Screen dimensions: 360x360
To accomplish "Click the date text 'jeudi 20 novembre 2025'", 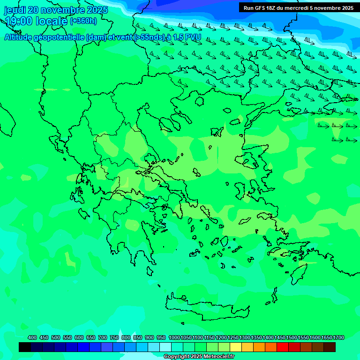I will pos(56,10).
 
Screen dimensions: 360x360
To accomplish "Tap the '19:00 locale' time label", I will pos(36,21).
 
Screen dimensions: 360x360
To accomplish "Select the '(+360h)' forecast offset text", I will pos(83,21).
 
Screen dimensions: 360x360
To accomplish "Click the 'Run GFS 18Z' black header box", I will pos(298,7).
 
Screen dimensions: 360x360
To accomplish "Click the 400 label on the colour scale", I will pos(32,337).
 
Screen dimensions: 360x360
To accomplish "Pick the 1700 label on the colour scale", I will pos(338,337).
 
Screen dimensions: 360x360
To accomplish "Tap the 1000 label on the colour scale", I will pos(174,337).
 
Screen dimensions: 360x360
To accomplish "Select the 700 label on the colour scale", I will pos(103,337).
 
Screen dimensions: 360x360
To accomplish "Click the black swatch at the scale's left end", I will pos(25,347).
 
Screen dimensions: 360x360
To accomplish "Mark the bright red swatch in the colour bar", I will pos(283,347).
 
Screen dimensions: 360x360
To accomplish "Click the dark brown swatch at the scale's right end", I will pos(330,347).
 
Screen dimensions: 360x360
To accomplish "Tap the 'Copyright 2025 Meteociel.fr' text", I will pos(199,357).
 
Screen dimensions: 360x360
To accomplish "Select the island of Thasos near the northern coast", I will pos(199,101).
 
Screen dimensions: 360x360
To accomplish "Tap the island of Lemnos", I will pos(217,132).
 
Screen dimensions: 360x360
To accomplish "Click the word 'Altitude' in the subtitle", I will pos(21,37).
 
